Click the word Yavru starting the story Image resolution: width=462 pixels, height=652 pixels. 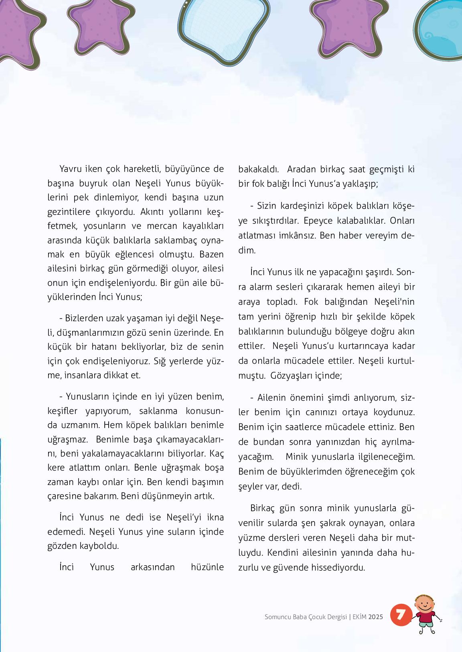pos(70,169)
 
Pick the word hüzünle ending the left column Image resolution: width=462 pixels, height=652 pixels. pos(207,567)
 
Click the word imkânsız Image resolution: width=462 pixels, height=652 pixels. pos(297,235)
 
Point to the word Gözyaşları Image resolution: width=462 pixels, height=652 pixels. pos(291,376)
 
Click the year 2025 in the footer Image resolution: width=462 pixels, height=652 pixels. pos(375,617)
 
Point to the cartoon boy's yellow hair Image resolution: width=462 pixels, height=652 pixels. pos(424,598)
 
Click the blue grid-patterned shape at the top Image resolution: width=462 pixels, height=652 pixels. pos(223,28)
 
